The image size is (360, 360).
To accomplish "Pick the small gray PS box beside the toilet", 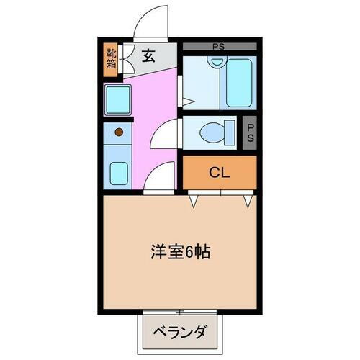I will pyautogui.click(x=249, y=133).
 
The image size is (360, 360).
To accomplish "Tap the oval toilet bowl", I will pyautogui.click(x=212, y=132).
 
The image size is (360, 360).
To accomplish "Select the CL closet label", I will pyautogui.click(x=219, y=172).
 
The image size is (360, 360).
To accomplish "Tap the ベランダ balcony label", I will pyautogui.click(x=180, y=332).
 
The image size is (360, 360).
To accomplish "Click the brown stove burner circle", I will pyautogui.click(x=117, y=132).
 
